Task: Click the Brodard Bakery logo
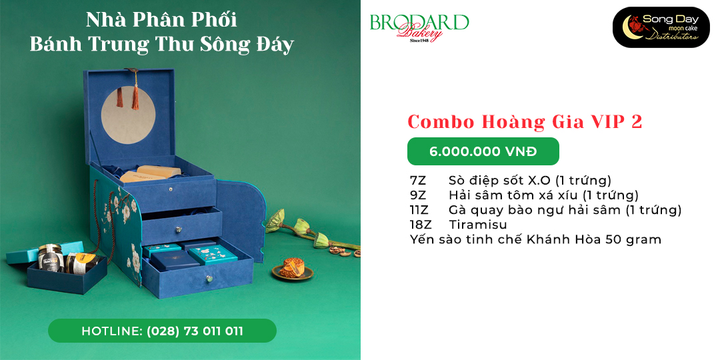pos(419,27)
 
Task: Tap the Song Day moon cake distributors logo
pos(661,27)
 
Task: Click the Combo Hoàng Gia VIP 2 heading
pos(525,122)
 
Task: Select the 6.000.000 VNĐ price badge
pos(483,151)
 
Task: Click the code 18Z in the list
pos(420,225)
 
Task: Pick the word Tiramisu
pos(478,225)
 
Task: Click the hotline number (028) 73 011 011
pos(195,331)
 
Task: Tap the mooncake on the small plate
pos(293,268)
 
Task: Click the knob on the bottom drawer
pos(210,278)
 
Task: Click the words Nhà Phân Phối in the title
pos(161,20)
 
